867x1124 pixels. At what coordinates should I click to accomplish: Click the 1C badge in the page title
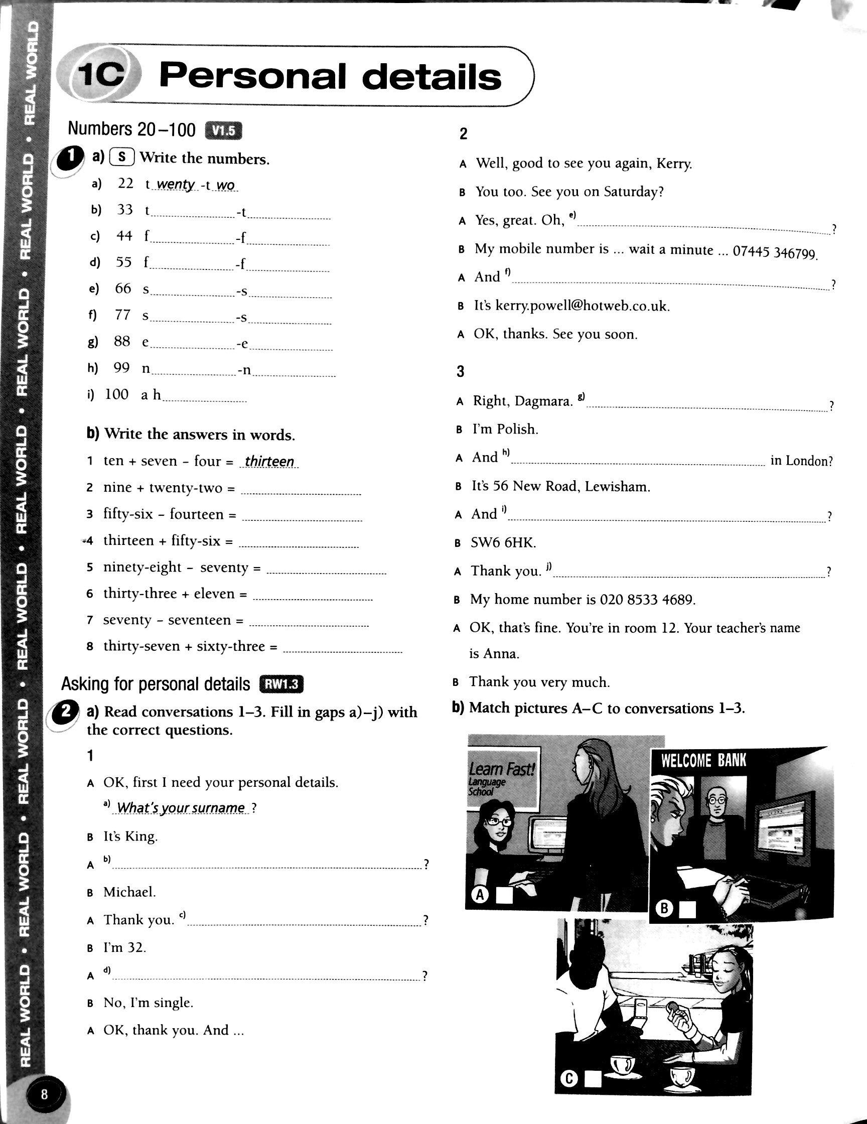[101, 76]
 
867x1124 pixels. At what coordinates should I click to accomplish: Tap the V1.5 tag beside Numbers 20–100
[223, 131]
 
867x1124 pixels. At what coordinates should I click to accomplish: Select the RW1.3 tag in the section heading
[282, 684]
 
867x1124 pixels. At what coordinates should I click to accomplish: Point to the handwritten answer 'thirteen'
[269, 461]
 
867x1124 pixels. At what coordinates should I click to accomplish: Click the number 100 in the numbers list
[116, 394]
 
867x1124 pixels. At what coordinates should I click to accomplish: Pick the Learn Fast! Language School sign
[502, 779]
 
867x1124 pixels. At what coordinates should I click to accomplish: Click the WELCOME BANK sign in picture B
[703, 761]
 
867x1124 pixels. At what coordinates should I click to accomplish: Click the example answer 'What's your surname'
[181, 807]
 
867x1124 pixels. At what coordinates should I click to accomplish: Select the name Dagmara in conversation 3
[543, 401]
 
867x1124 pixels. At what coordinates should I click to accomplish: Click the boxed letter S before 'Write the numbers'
[122, 157]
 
